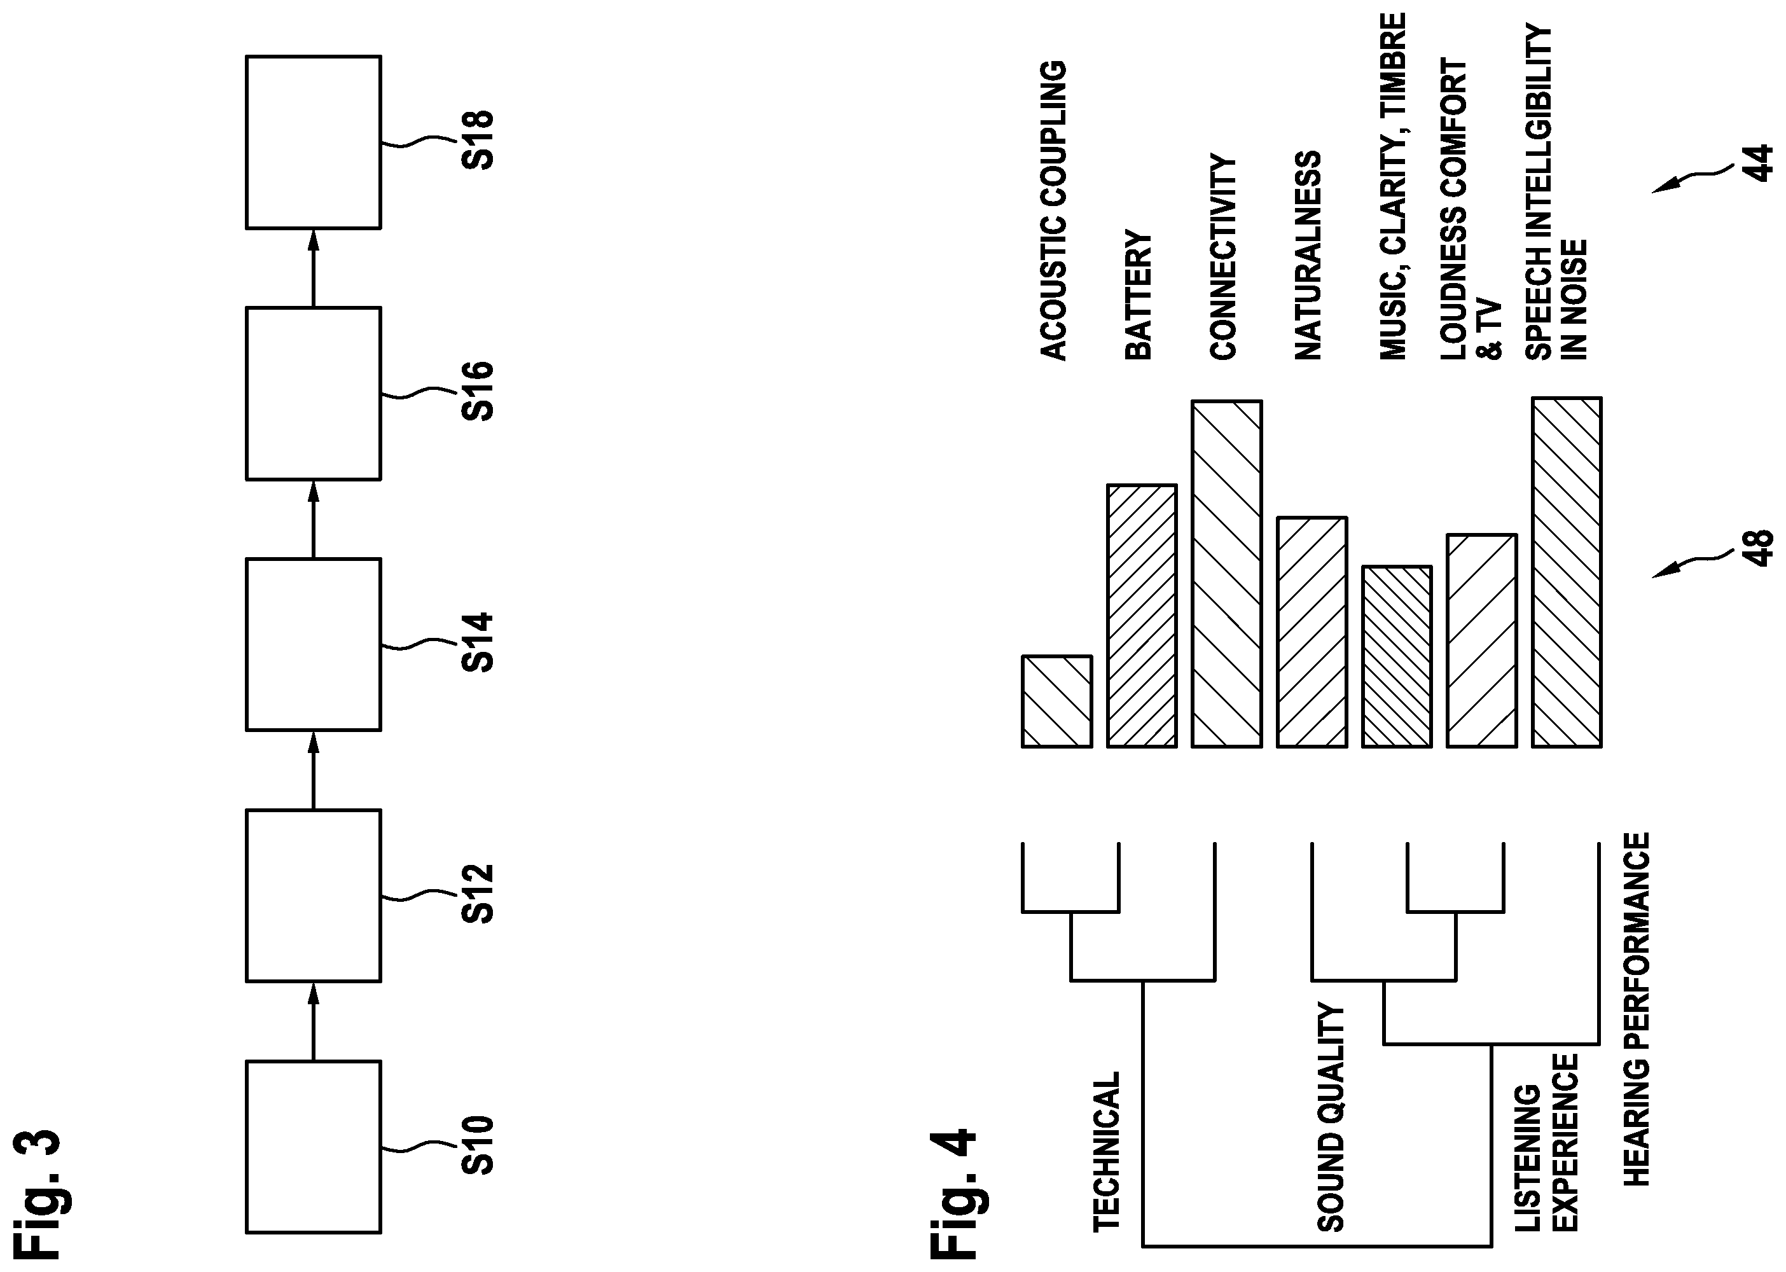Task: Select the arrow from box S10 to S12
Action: (x=314, y=1021)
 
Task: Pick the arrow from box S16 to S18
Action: (x=314, y=268)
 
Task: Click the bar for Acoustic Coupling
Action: (x=1056, y=701)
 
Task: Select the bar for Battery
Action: (x=1142, y=616)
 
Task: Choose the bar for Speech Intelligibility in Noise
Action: (x=1567, y=572)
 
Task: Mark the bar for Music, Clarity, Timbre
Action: (x=1397, y=656)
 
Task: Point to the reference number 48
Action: (x=1759, y=547)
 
